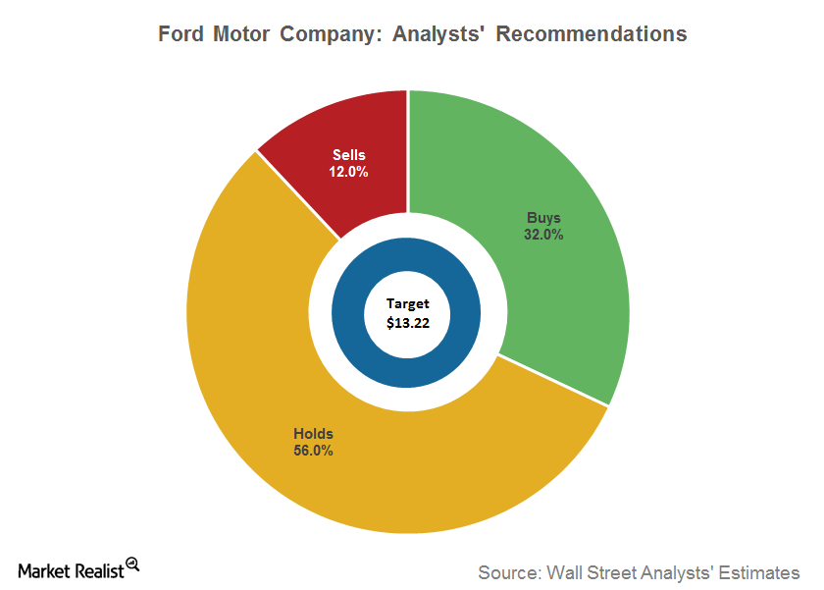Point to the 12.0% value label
[348, 172]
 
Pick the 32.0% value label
[543, 235]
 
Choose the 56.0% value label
[313, 451]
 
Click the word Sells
[348, 155]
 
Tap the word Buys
[543, 218]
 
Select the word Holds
[313, 434]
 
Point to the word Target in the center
[406, 303]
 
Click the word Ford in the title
[183, 33]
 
